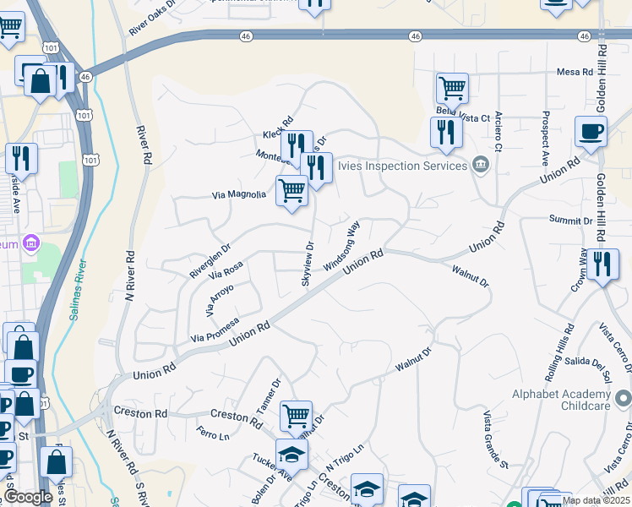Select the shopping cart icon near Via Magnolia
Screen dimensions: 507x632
291,190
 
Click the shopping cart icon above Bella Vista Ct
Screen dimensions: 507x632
452,87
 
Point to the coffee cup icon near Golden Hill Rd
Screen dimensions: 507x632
591,131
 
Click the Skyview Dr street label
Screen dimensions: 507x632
308,264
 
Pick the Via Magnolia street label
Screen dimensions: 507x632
238,195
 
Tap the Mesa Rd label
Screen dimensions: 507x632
575,73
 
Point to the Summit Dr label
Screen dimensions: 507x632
570,221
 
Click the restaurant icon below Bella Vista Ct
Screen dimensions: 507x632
444,132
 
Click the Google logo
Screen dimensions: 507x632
28,497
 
